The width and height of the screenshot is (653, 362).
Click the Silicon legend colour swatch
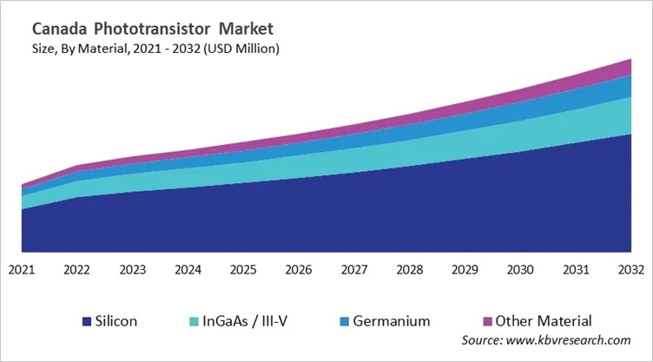click(87, 321)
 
